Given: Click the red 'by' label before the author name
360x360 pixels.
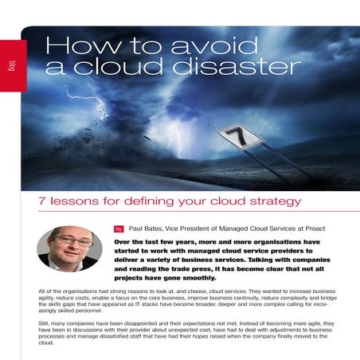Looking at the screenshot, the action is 119,227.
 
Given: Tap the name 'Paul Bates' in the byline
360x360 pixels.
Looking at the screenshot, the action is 146,227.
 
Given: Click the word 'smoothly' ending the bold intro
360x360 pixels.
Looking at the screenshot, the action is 202,280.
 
